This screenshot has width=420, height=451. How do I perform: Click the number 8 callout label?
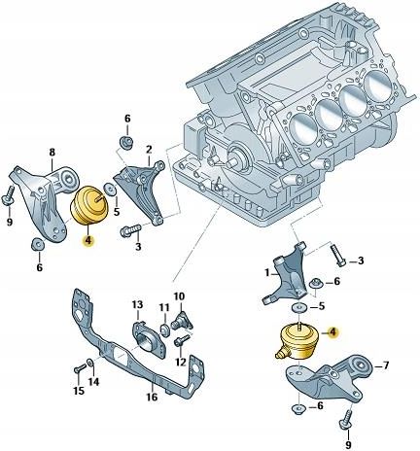point(52,152)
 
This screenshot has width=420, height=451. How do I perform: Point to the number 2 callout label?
point(149,150)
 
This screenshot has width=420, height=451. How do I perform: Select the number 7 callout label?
point(387,365)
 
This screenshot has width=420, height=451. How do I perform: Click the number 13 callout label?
point(137,305)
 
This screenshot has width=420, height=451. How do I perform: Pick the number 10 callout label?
point(179,295)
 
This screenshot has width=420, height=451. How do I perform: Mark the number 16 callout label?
point(152,397)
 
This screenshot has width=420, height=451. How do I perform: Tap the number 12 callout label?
point(181,363)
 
